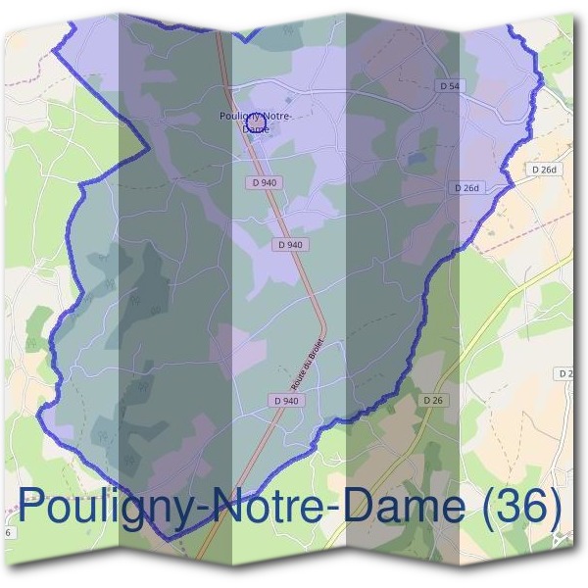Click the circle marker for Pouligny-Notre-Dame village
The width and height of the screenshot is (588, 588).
257,122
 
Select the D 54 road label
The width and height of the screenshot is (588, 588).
449,86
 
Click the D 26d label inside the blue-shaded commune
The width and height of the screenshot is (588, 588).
465,187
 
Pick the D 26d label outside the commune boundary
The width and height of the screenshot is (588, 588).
544,170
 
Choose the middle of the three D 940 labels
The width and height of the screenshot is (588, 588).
291,244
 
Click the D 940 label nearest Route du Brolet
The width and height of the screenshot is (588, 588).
285,400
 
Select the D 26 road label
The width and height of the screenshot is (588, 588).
434,400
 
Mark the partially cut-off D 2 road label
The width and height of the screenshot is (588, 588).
565,373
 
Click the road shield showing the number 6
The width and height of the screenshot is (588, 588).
8,532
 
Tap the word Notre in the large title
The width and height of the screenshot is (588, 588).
274,508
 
